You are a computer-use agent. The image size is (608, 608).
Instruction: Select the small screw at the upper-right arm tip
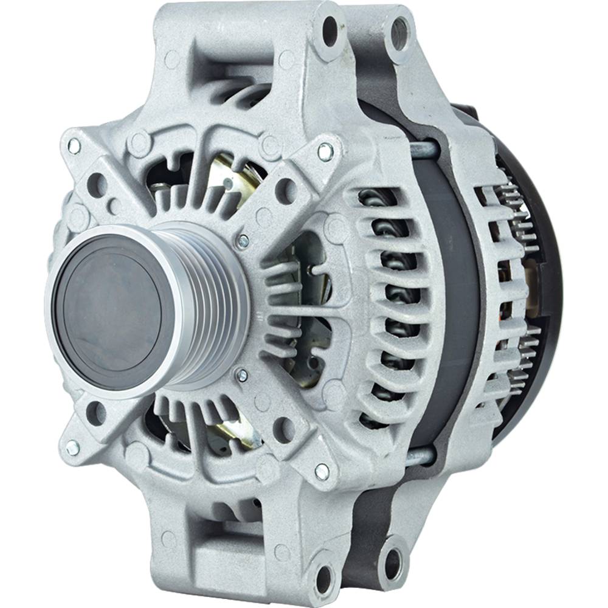[x=325, y=153]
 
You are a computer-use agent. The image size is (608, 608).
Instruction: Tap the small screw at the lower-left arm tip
[x=72, y=448]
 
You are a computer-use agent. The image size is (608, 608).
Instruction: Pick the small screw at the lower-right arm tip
[x=322, y=470]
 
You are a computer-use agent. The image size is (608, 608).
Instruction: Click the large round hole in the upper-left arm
[x=97, y=185]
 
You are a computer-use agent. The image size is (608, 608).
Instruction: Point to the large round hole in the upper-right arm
[x=285, y=191]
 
